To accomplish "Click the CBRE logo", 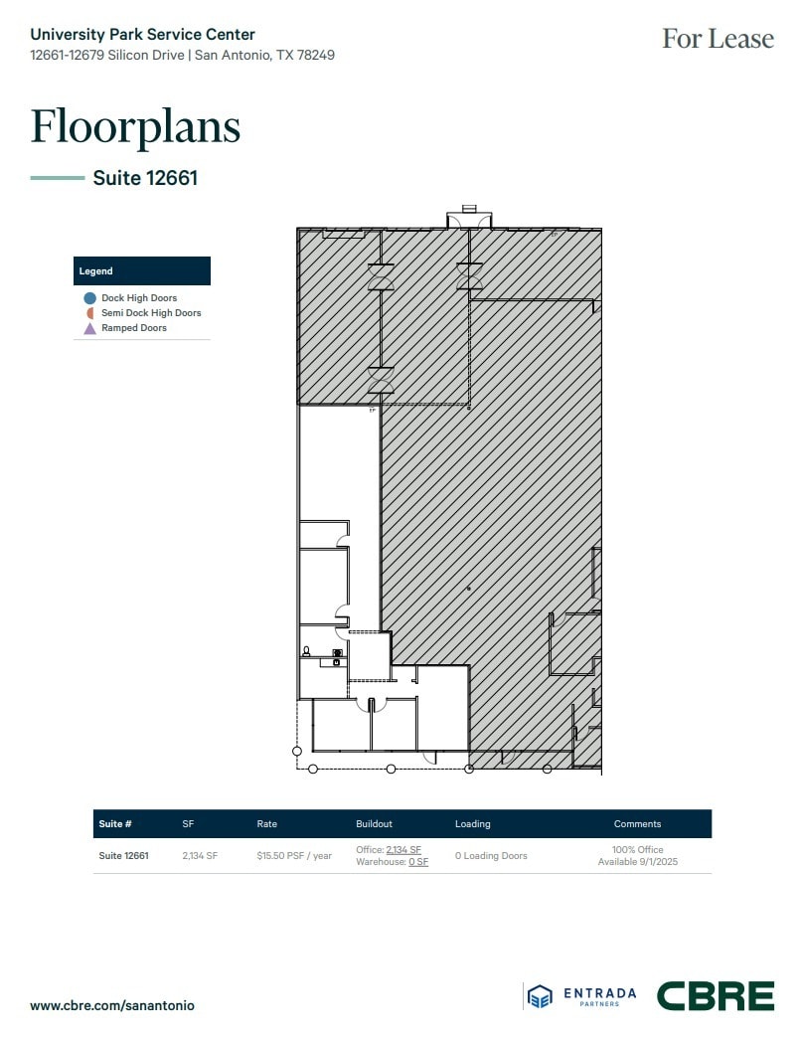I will click(715, 996).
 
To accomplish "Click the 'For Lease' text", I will click(718, 39).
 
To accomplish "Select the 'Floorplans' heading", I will click(135, 126).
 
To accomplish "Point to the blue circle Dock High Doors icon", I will click(89, 298).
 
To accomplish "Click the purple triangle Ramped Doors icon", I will click(89, 328).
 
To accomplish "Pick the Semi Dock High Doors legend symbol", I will click(89, 313).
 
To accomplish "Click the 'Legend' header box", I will click(142, 270).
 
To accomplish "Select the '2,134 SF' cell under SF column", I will click(200, 856).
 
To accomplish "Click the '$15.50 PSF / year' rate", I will click(294, 856).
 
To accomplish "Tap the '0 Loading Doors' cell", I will click(491, 856).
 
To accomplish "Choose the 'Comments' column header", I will click(637, 824).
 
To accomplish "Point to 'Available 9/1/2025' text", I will click(637, 862).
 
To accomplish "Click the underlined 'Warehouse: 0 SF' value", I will click(417, 862).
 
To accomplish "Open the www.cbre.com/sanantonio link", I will click(112, 1005).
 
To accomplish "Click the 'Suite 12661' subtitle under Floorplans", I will click(145, 178).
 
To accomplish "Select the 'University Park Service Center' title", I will click(142, 35).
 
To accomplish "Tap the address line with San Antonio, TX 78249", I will click(182, 55).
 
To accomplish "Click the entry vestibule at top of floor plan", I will click(469, 219).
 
